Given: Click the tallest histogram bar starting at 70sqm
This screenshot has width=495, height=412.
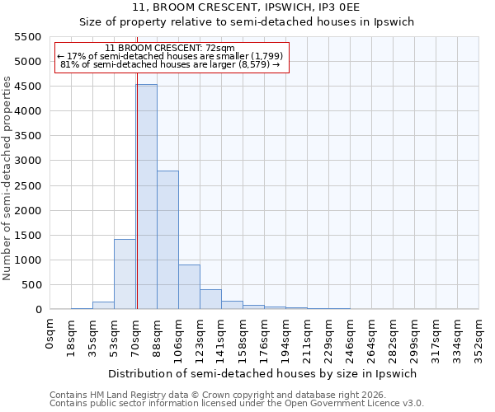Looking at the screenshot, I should point(146,197).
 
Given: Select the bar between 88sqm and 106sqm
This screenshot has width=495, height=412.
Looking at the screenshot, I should point(167,240).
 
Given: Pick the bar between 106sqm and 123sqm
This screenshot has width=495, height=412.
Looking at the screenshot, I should point(189,287).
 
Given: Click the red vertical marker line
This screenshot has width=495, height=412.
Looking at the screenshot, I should point(137,206).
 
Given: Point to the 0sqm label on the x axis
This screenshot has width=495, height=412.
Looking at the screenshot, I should point(50,333).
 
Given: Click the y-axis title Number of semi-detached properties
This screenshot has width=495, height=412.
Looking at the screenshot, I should point(7,178).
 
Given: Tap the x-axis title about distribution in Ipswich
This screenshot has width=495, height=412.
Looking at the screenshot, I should point(264,373).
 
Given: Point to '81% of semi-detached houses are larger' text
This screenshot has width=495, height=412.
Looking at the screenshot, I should point(171,65).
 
